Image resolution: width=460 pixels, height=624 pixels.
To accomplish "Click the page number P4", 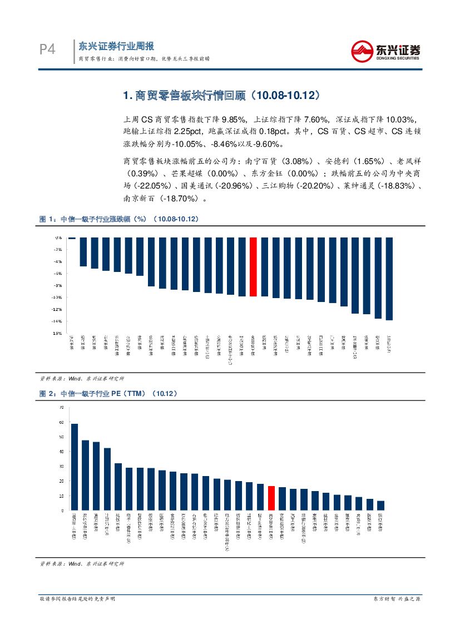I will coord(47,50).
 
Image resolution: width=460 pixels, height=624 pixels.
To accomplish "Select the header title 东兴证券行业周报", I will coord(116,46).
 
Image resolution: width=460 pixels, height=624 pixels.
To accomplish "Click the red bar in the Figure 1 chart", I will coord(253,266).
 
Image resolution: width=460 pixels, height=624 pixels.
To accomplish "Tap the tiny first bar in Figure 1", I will coord(72,238).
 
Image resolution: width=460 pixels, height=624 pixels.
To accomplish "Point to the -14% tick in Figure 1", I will coord(57,321).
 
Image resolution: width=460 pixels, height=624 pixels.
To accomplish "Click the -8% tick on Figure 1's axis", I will coord(58,285).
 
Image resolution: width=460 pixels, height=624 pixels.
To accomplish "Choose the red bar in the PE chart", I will coord(271,498).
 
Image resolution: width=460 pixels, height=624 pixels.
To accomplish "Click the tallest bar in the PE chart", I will coord(75,467).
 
